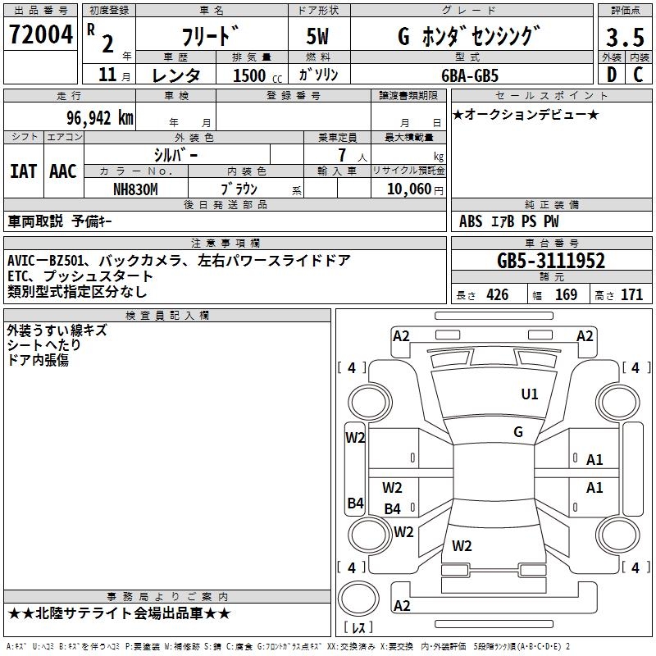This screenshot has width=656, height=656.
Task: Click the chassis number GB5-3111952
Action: (551, 262)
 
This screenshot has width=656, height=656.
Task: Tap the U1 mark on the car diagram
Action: (530, 394)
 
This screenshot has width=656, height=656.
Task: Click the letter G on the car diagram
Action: (518, 432)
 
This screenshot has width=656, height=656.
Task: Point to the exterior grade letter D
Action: (611, 75)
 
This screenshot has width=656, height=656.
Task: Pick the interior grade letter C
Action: (638, 75)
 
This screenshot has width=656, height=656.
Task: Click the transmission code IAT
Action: (23, 171)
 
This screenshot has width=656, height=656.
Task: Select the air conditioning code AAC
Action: (63, 171)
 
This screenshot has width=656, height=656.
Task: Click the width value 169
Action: (566, 295)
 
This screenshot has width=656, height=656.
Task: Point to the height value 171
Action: (631, 295)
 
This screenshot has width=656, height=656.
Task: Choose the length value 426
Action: (497, 295)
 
